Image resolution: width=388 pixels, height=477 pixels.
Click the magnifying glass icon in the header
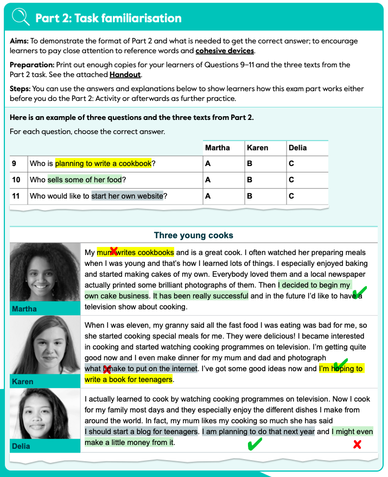click(20, 17)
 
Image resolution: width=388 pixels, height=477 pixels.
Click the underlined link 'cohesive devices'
click(225, 51)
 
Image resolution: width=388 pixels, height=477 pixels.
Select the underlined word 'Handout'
click(125, 75)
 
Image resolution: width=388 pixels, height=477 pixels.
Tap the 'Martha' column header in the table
click(217, 148)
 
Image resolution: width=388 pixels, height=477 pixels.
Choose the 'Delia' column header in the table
click(298, 148)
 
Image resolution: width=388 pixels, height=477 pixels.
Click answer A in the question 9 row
click(207, 163)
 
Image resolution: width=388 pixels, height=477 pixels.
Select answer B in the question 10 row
click(250, 180)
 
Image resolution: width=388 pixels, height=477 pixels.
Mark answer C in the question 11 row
click(291, 196)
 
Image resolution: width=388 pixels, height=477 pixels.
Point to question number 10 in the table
click(16, 180)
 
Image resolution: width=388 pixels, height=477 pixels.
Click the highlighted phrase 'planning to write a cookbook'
click(103, 163)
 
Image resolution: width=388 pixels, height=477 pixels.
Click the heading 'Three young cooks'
click(194, 236)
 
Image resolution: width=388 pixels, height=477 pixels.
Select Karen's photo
click(45, 346)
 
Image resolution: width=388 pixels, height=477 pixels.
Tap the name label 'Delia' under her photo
click(22, 446)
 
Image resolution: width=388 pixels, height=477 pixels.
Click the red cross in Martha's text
click(113, 251)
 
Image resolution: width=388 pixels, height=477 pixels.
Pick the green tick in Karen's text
click(340, 364)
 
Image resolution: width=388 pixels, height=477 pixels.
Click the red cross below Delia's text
click(357, 444)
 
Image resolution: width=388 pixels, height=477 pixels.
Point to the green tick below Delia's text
click(253, 445)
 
